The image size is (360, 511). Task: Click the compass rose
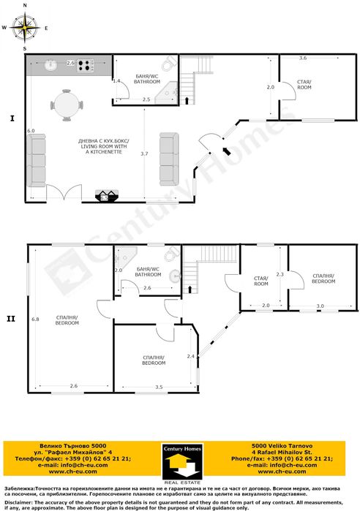[26, 28]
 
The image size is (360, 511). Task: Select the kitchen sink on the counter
[50, 66]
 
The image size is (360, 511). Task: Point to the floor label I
[12, 117]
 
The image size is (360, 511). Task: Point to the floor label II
[11, 318]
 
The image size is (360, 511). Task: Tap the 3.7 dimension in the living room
[144, 154]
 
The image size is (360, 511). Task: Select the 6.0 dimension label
[31, 130]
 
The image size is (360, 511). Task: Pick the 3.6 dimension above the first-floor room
[303, 57]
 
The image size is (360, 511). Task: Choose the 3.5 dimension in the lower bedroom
[160, 385]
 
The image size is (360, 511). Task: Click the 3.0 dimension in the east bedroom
[320, 306]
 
